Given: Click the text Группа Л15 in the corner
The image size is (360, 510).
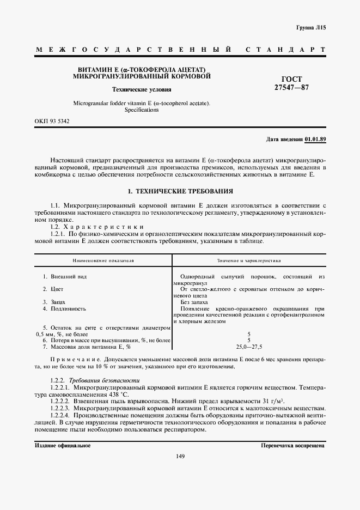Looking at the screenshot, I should click(310, 27).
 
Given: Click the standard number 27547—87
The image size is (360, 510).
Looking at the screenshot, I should click(291, 87).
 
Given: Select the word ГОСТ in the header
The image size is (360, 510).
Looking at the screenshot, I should click(292, 79).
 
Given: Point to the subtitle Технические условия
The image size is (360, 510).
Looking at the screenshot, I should click(141, 89).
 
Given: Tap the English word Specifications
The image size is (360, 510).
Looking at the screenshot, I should click(142, 110).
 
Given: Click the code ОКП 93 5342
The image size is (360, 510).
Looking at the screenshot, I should click(52, 121).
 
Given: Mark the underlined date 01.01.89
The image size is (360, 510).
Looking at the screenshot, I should click(315, 139).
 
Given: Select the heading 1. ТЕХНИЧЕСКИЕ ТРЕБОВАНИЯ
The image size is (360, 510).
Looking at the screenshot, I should click(180, 192).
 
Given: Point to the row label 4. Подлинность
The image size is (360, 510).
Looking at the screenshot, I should click(64, 308).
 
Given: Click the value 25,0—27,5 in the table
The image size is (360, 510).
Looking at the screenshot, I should click(249, 347).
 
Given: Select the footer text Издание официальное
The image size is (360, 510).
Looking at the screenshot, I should click(63, 445).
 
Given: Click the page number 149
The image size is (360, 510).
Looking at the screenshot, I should click(181, 457).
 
